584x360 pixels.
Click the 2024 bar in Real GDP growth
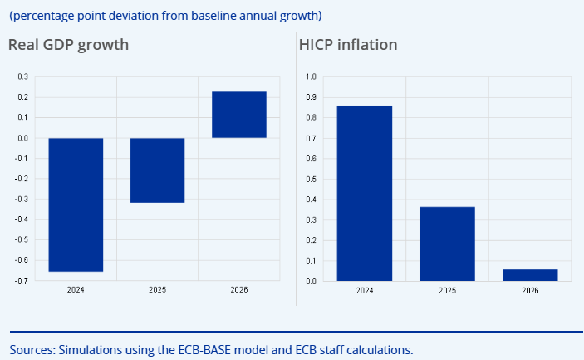click(x=76, y=205)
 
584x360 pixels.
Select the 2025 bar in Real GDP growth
click(x=158, y=170)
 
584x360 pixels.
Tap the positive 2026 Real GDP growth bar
click(x=239, y=115)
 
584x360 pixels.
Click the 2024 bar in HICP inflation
click(x=365, y=193)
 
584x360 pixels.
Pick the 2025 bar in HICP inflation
click(x=447, y=244)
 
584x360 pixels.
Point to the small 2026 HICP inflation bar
click(x=530, y=275)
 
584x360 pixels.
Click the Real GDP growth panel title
click(x=68, y=44)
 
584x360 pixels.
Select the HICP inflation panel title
click(x=348, y=44)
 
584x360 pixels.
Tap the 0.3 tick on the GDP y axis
click(x=22, y=77)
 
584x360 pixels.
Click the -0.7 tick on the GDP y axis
click(x=21, y=281)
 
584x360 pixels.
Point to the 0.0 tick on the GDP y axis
click(x=22, y=138)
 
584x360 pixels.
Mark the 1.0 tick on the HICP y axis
click(x=312, y=77)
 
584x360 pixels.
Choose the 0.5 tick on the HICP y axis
click(x=312, y=179)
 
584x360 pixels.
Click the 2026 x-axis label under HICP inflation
click(x=530, y=291)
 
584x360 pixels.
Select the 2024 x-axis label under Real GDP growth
click(x=76, y=291)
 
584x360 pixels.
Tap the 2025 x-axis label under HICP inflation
click(x=447, y=291)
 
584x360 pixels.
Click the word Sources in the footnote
click(x=32, y=349)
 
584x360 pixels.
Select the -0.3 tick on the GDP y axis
click(x=21, y=200)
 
